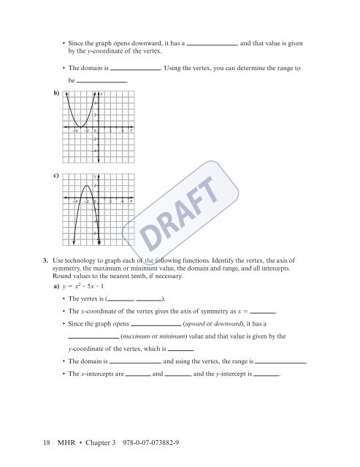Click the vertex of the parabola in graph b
80,129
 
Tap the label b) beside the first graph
55,93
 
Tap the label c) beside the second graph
55,175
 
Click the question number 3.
45,260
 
